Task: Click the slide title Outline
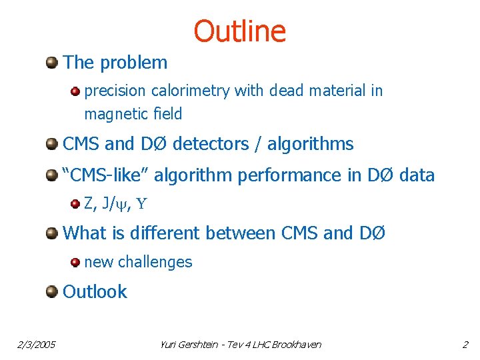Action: pos(239,31)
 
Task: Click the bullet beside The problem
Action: pos(51,63)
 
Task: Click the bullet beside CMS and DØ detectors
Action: pos(51,144)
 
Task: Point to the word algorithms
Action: pos(311,144)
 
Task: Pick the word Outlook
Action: pos(95,292)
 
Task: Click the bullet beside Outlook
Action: pos(51,292)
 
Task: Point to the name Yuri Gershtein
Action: pos(191,345)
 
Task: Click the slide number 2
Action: pos(465,345)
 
